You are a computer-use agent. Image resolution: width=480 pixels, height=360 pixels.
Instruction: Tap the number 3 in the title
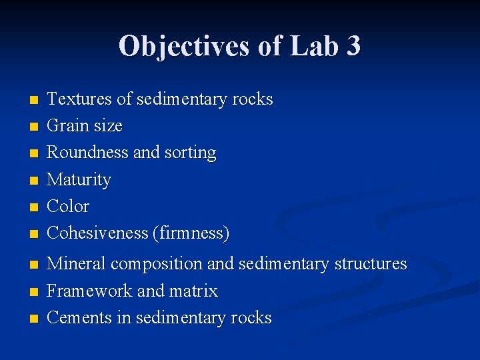353,46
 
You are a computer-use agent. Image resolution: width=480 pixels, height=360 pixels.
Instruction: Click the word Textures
79,99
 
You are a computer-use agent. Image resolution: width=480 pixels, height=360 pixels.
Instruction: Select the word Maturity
79,180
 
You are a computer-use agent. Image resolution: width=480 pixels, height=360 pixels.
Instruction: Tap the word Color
68,206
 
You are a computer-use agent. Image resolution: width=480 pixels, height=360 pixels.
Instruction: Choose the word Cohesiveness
97,233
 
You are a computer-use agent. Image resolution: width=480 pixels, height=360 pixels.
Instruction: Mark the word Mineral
76,264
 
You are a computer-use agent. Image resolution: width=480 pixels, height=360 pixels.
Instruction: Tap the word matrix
193,291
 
